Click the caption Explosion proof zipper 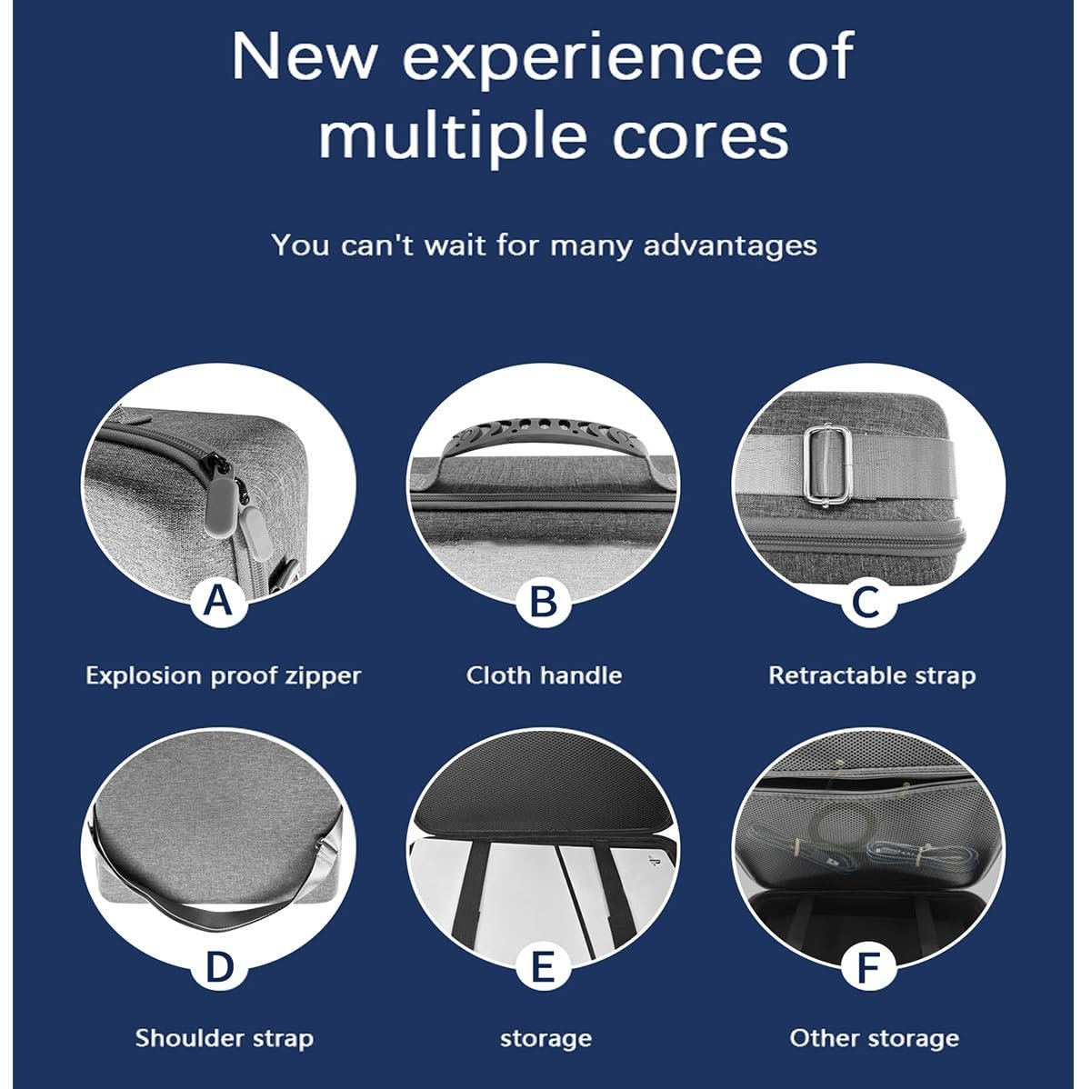[223, 675]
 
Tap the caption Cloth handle [544, 675]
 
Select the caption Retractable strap [872, 675]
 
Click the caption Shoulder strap [225, 1039]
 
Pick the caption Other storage [874, 1039]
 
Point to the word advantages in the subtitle [730, 246]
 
